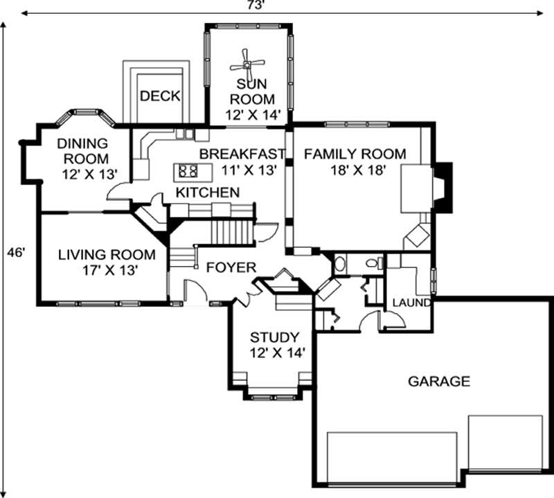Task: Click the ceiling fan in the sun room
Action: pyautogui.click(x=247, y=64)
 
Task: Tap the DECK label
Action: pyautogui.click(x=160, y=96)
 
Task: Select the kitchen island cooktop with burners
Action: pyautogui.click(x=187, y=169)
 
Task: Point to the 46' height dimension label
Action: pyautogui.click(x=17, y=254)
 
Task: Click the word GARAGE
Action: pyautogui.click(x=438, y=381)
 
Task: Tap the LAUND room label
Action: pyautogui.click(x=412, y=303)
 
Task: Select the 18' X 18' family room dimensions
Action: pyautogui.click(x=355, y=168)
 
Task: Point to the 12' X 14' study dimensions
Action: pyautogui.click(x=274, y=353)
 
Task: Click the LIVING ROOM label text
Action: pyautogui.click(x=107, y=255)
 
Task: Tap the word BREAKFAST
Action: pyautogui.click(x=242, y=153)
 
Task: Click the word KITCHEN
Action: pyautogui.click(x=207, y=192)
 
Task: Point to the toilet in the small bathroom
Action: pyautogui.click(x=373, y=263)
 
